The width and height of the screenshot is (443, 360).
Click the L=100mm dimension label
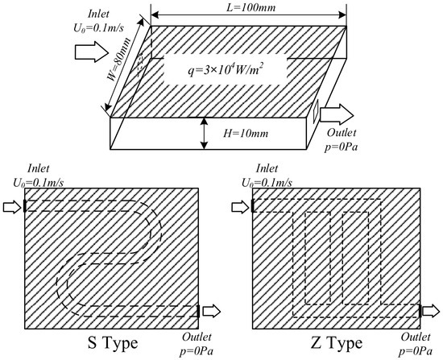click(250, 7)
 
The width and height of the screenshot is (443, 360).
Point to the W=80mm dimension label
click(120, 60)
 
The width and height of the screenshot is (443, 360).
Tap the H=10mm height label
click(246, 133)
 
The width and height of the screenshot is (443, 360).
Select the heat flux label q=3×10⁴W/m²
click(226, 69)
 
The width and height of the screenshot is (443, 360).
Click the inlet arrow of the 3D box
click(92, 52)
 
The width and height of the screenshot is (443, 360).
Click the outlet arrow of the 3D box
click(337, 114)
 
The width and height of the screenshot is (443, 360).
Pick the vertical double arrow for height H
click(204, 134)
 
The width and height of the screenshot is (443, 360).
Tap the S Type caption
click(113, 343)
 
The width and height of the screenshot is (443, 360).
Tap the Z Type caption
click(336, 343)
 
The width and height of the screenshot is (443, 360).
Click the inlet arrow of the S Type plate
click(12, 208)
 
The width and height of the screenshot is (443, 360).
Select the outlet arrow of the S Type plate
click(211, 311)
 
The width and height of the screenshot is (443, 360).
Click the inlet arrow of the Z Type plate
click(241, 208)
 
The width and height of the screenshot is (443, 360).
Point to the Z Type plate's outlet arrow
click(431, 311)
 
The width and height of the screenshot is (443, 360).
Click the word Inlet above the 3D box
click(98, 14)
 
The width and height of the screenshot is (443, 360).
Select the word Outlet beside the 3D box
click(342, 133)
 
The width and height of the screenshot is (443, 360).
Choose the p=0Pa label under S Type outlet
click(197, 351)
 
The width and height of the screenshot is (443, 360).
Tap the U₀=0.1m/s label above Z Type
click(267, 183)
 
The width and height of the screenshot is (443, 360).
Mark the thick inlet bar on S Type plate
click(25, 205)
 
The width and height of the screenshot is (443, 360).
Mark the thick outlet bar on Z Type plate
click(420, 311)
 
